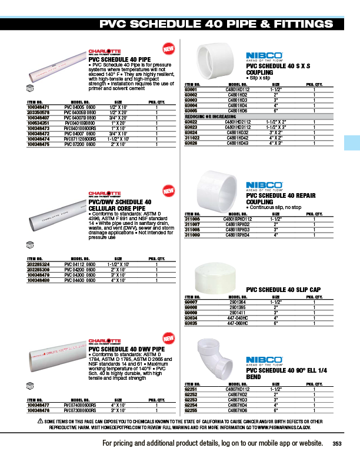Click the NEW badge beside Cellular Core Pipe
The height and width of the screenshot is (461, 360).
[168, 191]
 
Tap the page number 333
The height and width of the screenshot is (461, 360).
[337, 444]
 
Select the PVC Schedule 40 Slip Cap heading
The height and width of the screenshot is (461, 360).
[282, 290]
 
